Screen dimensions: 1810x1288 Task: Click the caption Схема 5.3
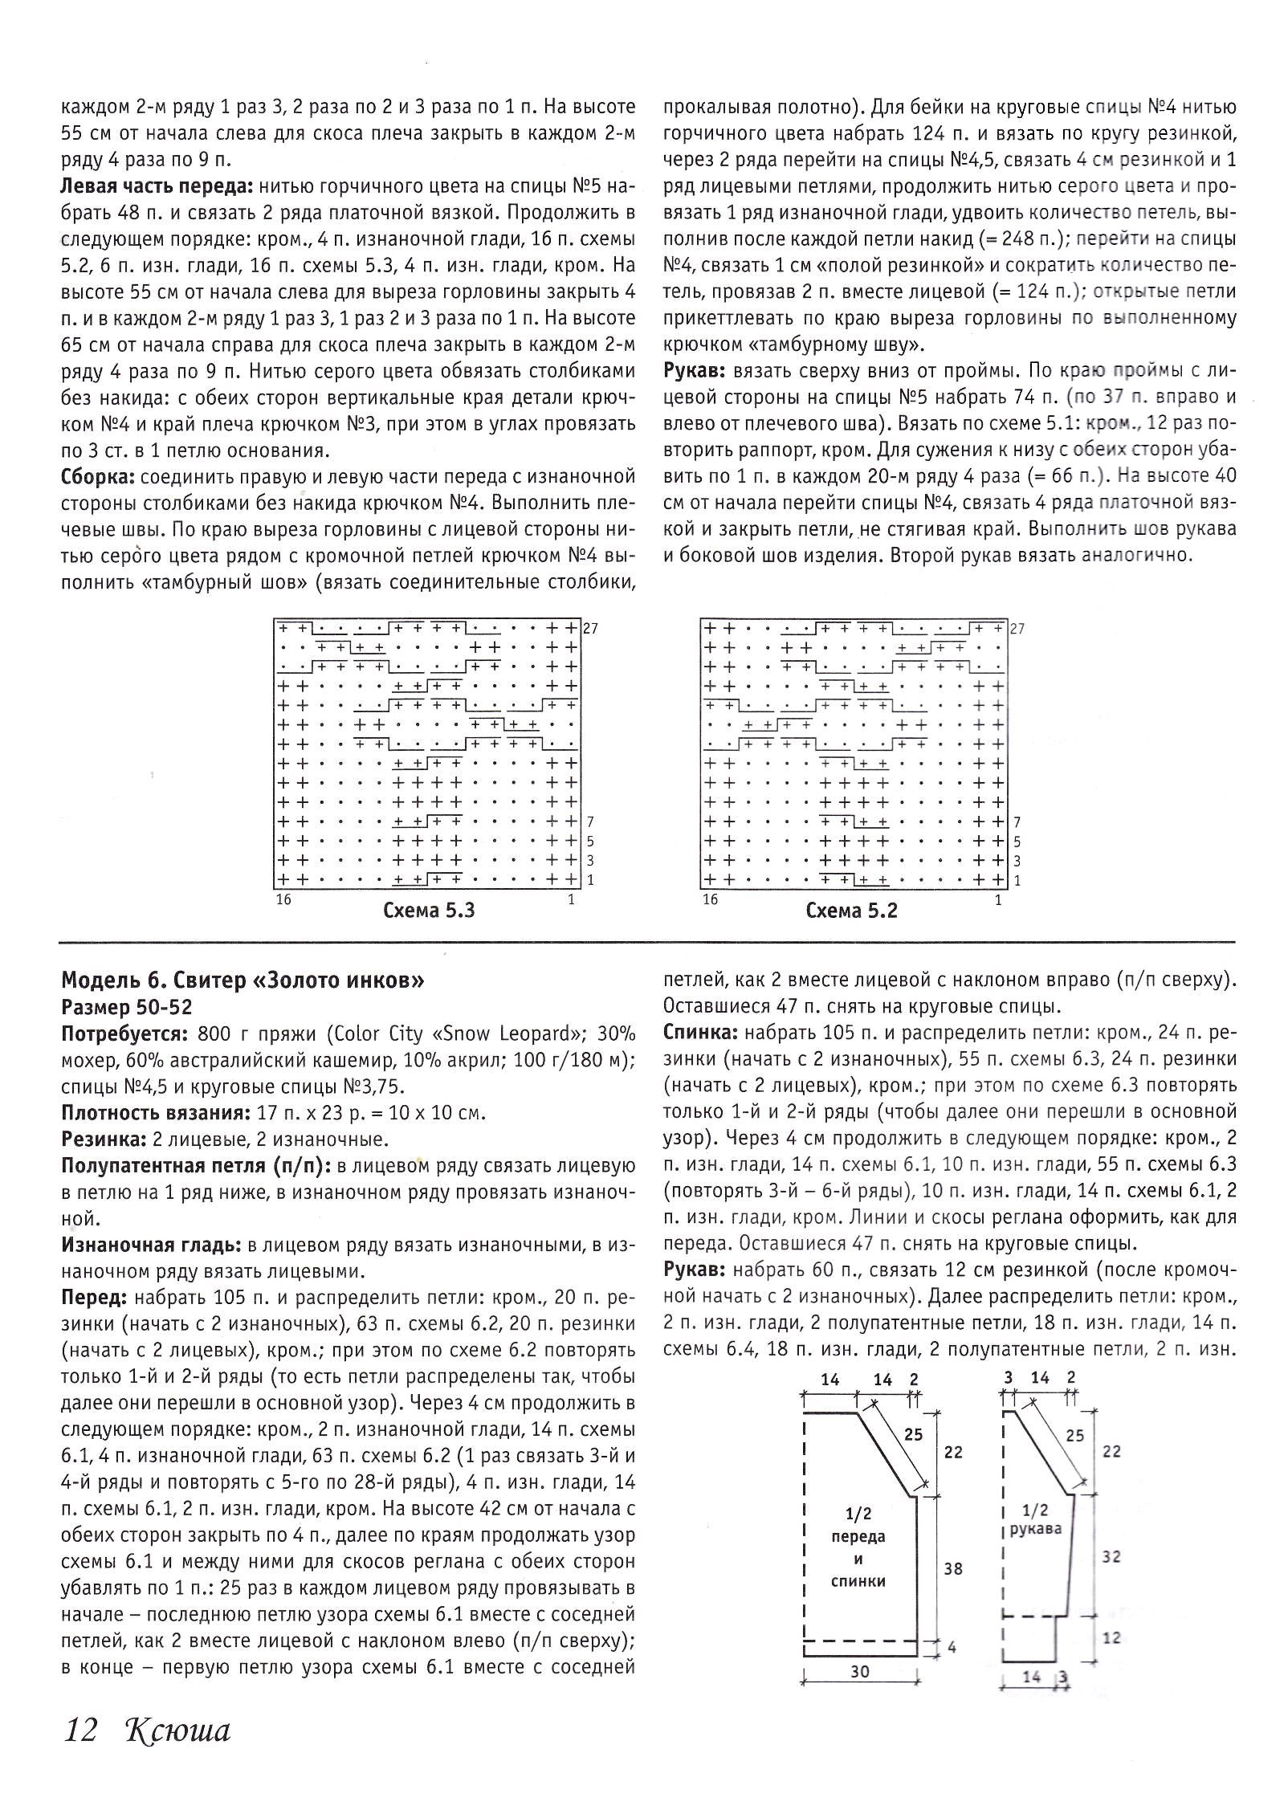point(429,911)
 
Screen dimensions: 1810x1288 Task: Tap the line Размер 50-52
point(127,1007)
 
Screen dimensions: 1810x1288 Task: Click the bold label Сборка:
point(98,477)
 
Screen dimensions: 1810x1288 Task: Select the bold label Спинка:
point(695,1033)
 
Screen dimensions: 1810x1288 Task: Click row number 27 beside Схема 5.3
point(590,629)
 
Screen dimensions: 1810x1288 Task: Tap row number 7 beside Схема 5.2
point(1017,822)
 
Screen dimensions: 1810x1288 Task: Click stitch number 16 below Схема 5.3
point(283,899)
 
